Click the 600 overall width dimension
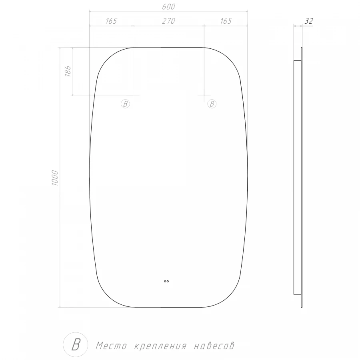pos(168,7)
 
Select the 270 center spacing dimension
pos(168,21)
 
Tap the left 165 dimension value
pos(111,21)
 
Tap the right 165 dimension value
pos(226,21)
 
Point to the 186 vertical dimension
pos(68,71)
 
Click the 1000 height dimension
pos(55,178)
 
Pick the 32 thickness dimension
pos(308,21)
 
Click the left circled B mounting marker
pos(125,104)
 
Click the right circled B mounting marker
pos(212,104)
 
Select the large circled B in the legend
pos(76,344)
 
